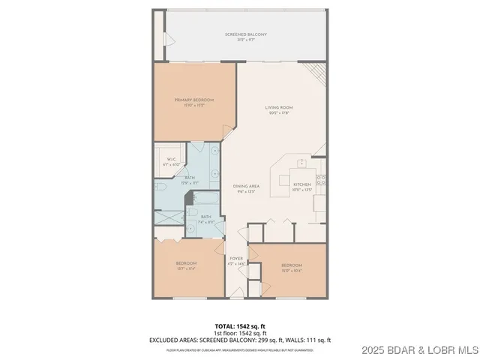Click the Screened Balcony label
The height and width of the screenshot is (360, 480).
[246, 34]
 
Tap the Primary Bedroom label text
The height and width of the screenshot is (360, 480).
[194, 100]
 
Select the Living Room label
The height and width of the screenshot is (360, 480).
[278, 108]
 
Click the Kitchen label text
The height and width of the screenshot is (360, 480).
[301, 184]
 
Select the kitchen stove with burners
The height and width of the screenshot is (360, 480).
[320, 179]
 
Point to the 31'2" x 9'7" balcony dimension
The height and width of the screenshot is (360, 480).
[246, 40]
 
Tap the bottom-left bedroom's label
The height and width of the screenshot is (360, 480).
[186, 263]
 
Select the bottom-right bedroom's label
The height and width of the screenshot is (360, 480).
[291, 265]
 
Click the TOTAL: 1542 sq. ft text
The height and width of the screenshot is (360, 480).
[240, 326]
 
